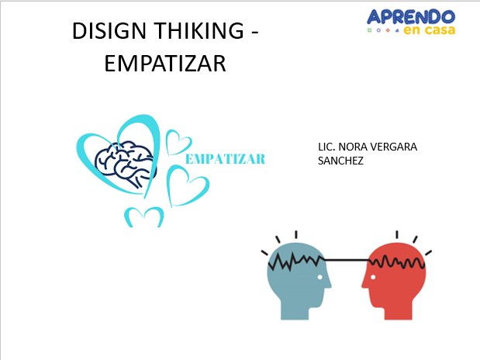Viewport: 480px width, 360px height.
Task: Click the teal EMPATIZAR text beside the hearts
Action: (x=226, y=159)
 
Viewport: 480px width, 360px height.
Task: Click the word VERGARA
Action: (x=395, y=147)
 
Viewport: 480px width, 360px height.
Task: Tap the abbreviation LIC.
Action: (x=326, y=147)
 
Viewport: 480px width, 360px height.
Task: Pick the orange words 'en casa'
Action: (x=429, y=29)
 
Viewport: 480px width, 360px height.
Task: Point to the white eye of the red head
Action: (x=373, y=278)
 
